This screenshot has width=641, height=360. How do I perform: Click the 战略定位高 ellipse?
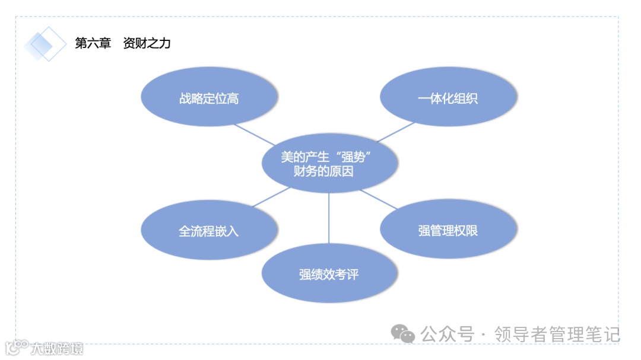pos(209,98)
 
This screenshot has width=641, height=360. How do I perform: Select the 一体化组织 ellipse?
pos(448,98)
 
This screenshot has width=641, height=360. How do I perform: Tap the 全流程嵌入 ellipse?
pos(209,231)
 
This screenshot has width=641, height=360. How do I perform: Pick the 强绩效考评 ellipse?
pos(329,275)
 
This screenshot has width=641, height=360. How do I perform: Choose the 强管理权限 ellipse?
pos(448,231)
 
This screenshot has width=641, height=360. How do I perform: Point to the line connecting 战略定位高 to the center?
pos(254,134)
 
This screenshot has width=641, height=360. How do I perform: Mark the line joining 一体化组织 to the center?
pos(396,132)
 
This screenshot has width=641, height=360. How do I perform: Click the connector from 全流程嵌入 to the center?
pos(271,197)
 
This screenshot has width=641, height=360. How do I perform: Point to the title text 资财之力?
pos(147,43)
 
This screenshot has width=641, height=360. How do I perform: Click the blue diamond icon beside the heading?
pos(45,44)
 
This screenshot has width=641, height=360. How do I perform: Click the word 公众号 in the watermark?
pos(448,334)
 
